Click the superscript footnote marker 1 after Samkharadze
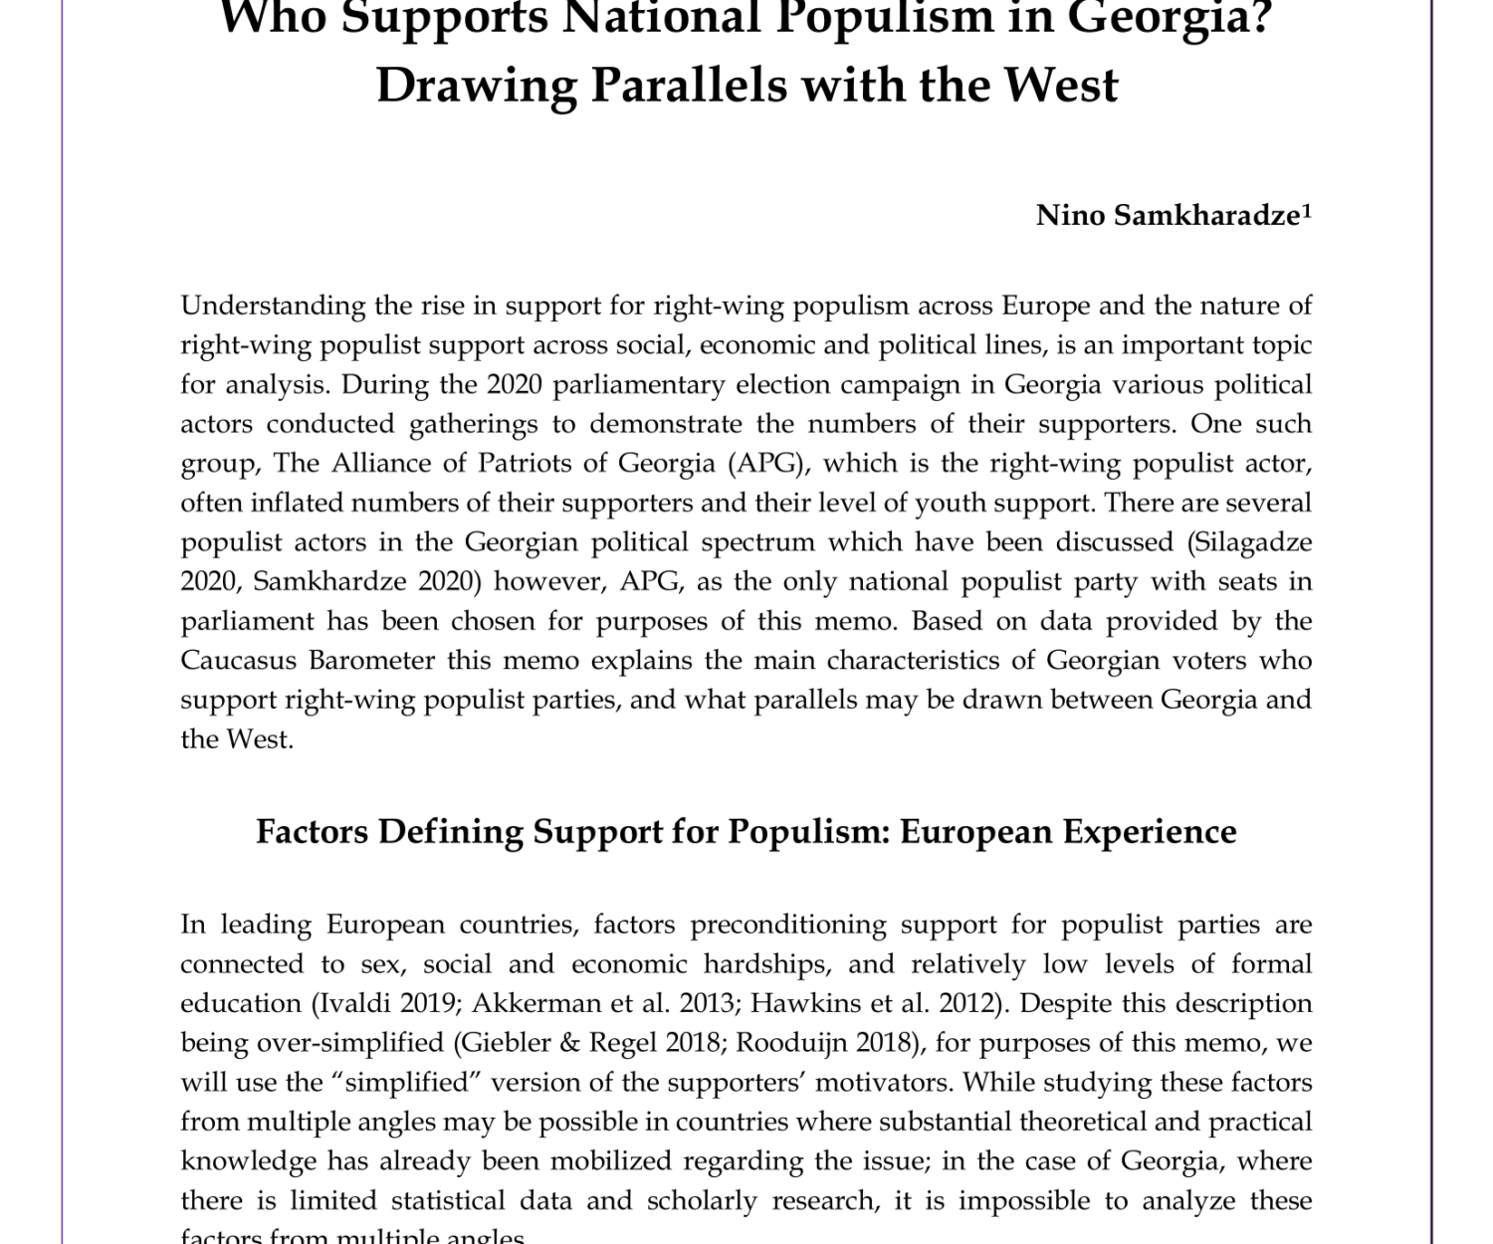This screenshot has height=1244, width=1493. click(x=1307, y=210)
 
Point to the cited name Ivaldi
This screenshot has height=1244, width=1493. click(x=345, y=1003)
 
